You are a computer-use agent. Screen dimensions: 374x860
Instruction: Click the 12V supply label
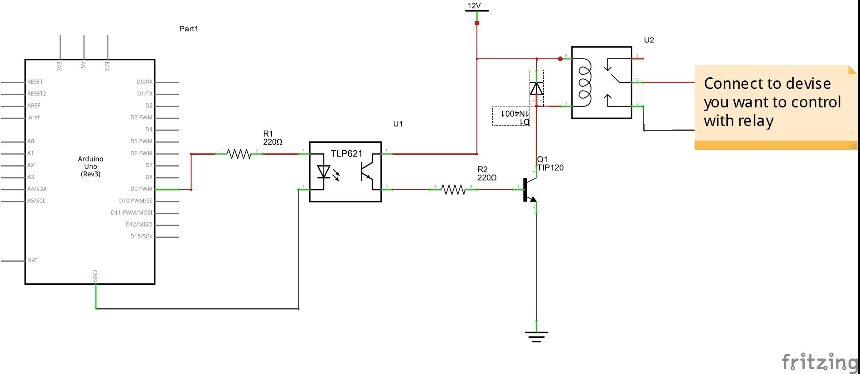474,6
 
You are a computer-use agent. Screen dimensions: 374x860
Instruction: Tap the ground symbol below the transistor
536,337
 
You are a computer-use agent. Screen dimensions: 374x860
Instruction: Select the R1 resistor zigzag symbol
239,154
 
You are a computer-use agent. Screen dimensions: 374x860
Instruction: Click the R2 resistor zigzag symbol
453,190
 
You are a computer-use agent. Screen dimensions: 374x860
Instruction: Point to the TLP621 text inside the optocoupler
346,154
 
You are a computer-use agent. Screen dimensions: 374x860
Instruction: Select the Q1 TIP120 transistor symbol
530,189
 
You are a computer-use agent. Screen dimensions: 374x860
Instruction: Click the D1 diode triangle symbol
536,88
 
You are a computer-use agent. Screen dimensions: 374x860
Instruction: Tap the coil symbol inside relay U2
584,83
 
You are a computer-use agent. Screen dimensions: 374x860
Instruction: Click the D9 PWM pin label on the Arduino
141,189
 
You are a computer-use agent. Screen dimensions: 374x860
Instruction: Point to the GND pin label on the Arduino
95,276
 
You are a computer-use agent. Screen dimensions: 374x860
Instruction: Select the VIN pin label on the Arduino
107,66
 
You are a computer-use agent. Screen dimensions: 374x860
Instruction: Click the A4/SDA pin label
37,189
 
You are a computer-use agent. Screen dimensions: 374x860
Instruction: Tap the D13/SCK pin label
141,237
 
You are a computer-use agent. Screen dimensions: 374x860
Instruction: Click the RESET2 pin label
37,94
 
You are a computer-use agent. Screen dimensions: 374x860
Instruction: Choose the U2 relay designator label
649,40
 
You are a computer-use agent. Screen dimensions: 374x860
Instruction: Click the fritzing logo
820,362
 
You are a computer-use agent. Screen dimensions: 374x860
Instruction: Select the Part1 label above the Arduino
188,29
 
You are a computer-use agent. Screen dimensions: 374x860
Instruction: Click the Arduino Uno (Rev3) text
91,166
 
